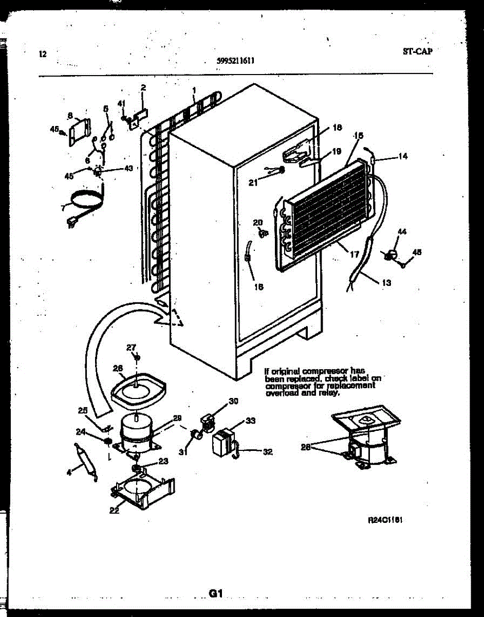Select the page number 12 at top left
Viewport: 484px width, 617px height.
tap(42, 53)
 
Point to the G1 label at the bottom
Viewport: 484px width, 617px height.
tap(215, 593)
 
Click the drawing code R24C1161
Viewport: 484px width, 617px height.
tap(385, 520)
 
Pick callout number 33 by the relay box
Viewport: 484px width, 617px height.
tap(250, 421)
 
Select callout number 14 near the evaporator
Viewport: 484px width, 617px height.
tap(403, 156)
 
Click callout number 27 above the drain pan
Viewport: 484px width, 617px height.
tap(131, 347)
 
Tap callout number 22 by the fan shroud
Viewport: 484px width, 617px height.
tap(114, 510)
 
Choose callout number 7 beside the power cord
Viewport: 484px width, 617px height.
tap(63, 208)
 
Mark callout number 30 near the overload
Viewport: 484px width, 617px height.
tap(234, 401)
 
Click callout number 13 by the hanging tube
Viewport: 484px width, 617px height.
tap(386, 282)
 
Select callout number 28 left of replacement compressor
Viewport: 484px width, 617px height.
tap(306, 447)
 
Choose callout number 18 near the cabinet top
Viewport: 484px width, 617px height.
tap(337, 128)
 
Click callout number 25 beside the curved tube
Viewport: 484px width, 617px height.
tap(83, 410)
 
